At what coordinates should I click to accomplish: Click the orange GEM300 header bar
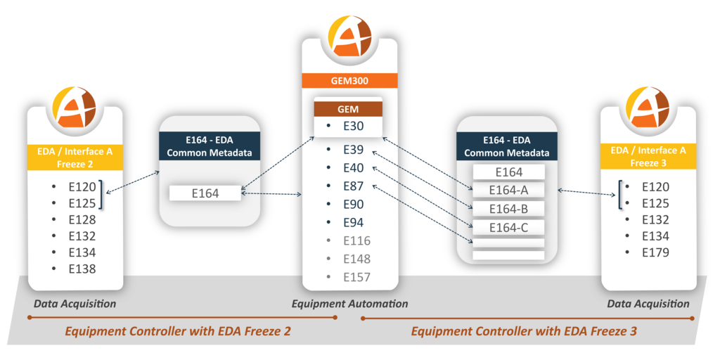point(349,79)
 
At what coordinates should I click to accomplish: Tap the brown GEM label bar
point(349,108)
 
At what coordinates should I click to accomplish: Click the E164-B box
point(508,209)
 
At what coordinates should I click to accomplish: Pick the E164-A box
point(508,191)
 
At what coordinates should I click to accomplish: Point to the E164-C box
point(508,227)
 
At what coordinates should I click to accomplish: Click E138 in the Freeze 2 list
point(81,269)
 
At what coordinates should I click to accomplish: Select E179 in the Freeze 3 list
point(655,252)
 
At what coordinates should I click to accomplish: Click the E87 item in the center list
point(353,186)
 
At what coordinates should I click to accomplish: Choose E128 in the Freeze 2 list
point(81,219)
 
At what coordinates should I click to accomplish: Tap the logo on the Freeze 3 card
point(645,107)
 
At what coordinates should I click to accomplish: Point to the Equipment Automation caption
point(349,304)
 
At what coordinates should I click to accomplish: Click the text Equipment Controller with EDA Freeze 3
point(524,330)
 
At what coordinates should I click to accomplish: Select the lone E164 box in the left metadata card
point(205,193)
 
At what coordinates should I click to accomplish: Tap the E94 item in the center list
point(353,222)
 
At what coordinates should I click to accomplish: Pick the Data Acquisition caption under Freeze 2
point(75,304)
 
